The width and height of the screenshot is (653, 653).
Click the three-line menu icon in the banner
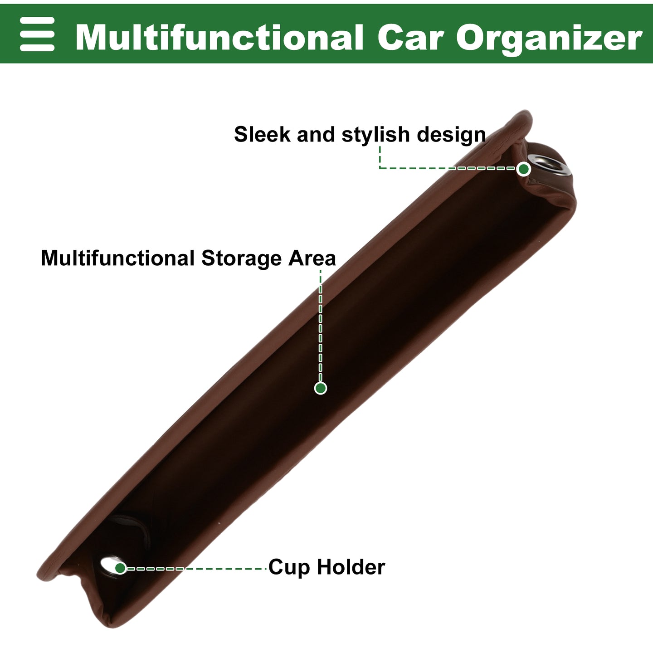(x=37, y=34)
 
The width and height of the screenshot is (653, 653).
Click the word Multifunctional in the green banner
(x=219, y=37)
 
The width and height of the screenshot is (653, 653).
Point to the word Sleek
(x=262, y=134)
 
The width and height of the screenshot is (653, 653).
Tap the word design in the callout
(x=451, y=135)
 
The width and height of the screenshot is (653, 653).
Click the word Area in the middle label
(x=312, y=258)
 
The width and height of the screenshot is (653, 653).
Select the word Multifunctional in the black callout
(x=117, y=258)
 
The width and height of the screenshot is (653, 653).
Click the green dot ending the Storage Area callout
(x=320, y=388)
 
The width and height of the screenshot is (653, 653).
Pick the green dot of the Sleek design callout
(x=524, y=169)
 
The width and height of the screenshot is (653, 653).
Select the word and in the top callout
(x=316, y=134)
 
